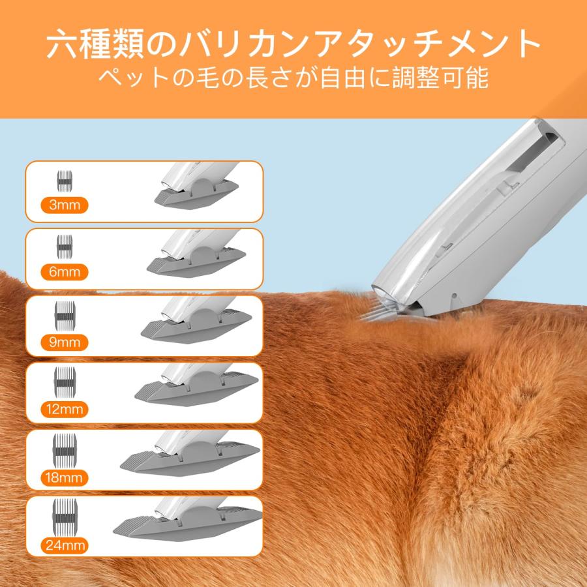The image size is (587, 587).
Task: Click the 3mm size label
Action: click(x=64, y=205)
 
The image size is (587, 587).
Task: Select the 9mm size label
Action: click(x=64, y=340)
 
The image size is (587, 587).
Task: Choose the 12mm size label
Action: click(x=64, y=409)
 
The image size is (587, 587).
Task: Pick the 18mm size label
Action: click(x=64, y=477)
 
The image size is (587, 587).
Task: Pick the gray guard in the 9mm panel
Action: click(x=196, y=329)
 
